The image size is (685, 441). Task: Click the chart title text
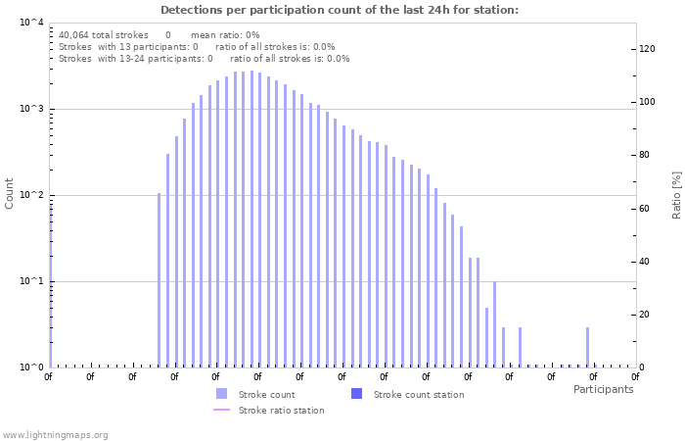[x=340, y=11]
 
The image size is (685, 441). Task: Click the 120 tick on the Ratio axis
[x=647, y=49]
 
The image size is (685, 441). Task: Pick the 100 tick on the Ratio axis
[x=647, y=102]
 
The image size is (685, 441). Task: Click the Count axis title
[x=10, y=193]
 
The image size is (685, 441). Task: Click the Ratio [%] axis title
[x=676, y=194]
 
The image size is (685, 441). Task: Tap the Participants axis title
[x=603, y=389]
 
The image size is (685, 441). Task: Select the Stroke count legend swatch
[x=221, y=394]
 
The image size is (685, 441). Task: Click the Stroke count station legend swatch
[x=356, y=394]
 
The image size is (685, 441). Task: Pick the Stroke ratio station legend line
[x=221, y=410]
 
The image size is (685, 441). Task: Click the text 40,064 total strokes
[x=104, y=34]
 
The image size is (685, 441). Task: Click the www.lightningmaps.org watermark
[x=55, y=434]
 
